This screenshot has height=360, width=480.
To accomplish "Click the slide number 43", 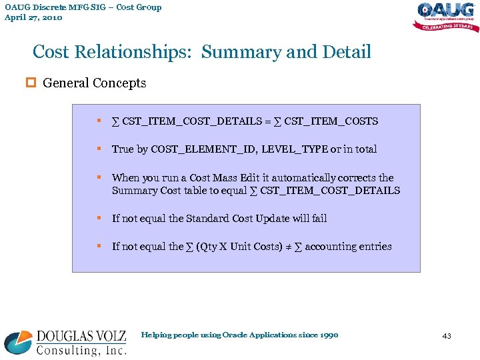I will [x=446, y=336].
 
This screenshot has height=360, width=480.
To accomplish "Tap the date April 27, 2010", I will [x=33, y=17].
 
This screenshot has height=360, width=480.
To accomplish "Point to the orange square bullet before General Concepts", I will [x=35, y=83].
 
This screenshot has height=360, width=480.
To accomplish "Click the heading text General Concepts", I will [x=94, y=83].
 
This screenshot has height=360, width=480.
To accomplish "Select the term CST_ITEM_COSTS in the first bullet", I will [x=331, y=121].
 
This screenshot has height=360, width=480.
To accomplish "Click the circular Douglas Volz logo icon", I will [x=18, y=341].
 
